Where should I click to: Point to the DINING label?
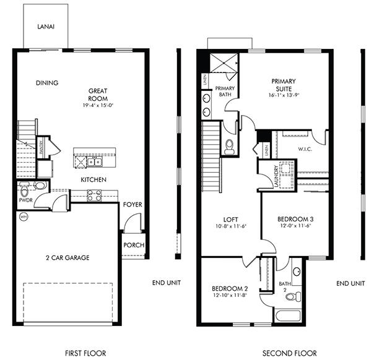coord(47,83)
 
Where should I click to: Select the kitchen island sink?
coord(95,162)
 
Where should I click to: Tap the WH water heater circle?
coord(24,216)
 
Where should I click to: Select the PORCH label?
coord(134,245)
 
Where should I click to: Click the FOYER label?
coord(132,204)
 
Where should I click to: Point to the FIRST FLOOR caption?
coord(69,353)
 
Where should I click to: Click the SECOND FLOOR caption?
coord(290,353)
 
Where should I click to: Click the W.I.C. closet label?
coord(305,148)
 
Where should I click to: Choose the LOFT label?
coord(231,219)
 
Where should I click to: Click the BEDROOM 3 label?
coord(290,219)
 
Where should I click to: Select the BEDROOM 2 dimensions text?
coord(230,296)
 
